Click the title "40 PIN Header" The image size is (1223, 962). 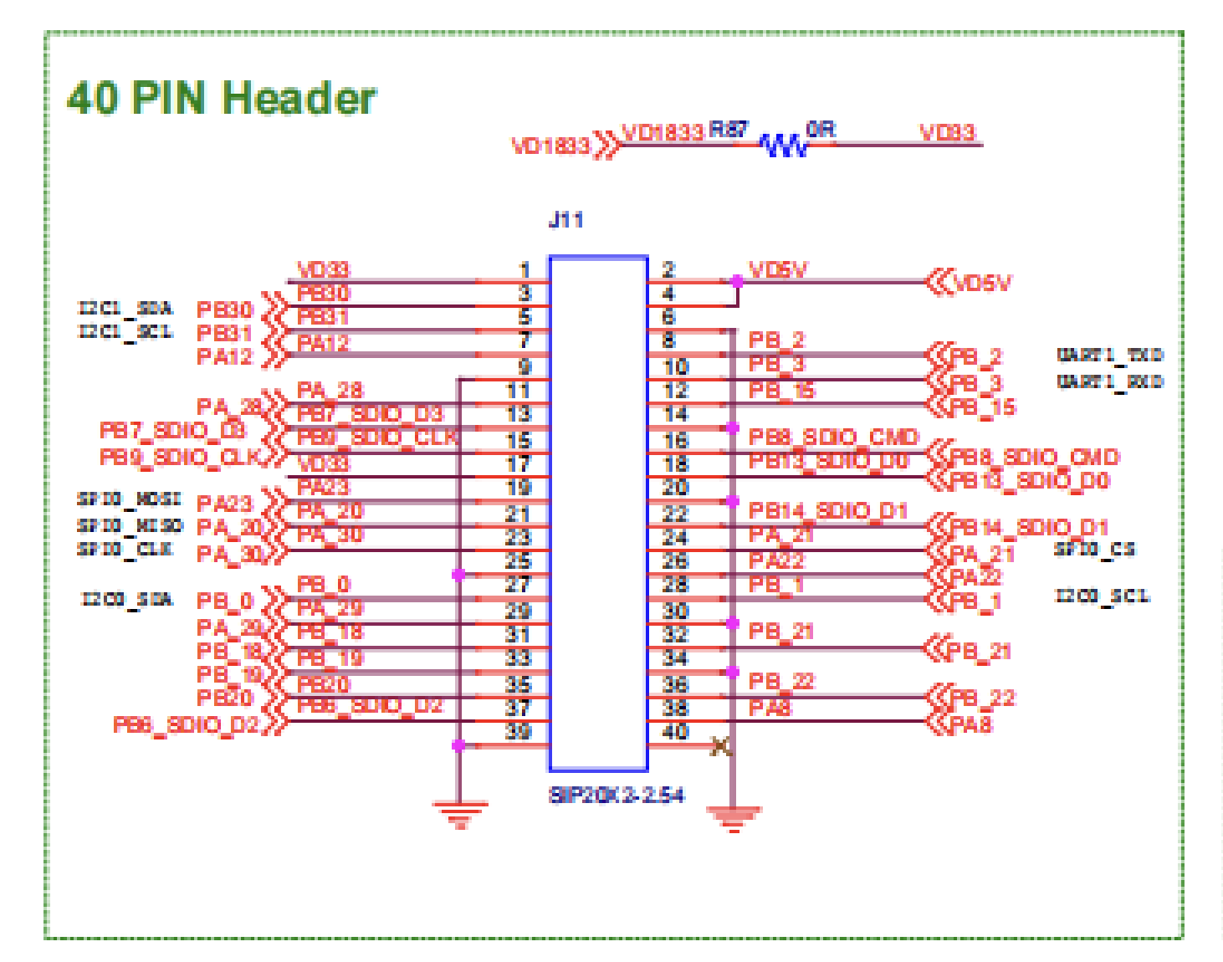[x=222, y=99]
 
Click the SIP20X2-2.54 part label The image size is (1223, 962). [x=616, y=795]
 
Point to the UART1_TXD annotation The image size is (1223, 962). [x=1109, y=355]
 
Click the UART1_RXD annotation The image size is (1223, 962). [x=1109, y=381]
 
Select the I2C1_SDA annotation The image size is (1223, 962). [x=126, y=308]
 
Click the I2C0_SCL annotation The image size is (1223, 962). [x=1102, y=596]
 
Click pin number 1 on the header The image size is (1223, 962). [x=525, y=270]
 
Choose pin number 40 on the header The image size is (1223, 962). [x=675, y=732]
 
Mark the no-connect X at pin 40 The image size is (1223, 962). [x=721, y=746]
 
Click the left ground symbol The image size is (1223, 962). [x=459, y=812]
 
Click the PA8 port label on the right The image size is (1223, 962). [x=970, y=724]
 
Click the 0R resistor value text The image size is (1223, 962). [x=821, y=130]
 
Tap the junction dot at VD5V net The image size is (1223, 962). [x=736, y=282]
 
